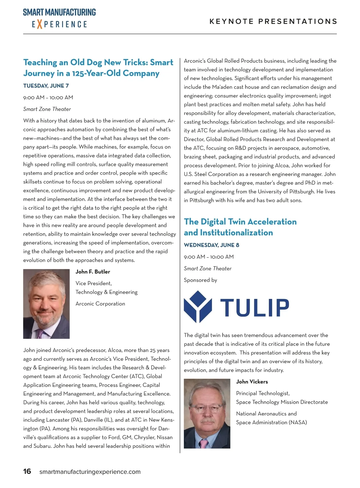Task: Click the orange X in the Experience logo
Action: (40, 24)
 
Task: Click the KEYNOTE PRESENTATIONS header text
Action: (273, 21)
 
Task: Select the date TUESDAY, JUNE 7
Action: (46, 86)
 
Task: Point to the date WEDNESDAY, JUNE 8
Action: (211, 245)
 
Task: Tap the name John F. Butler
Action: (93, 272)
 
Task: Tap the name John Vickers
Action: (252, 382)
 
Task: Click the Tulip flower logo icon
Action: (198, 306)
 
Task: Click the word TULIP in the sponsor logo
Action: (255, 308)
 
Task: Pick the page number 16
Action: (27, 471)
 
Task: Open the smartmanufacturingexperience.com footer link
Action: (90, 472)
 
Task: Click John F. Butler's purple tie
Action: (40, 333)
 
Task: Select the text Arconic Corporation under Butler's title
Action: (100, 304)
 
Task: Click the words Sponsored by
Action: (200, 280)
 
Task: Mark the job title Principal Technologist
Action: (263, 393)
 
